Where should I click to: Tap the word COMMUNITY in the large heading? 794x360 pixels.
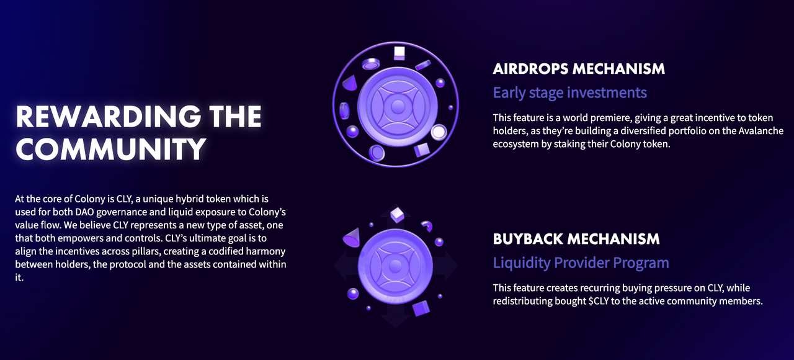pos(110,149)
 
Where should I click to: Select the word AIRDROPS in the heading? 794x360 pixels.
pos(530,69)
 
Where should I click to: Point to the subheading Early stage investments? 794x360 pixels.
pos(570,92)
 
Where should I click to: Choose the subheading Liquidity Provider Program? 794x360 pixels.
pos(581,263)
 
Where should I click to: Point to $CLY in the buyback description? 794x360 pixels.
pos(599,301)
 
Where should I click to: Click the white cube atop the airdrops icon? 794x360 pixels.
pos(399,53)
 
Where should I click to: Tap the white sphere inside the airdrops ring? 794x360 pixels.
pos(439,132)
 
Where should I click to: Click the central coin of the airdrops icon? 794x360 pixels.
pos(397,106)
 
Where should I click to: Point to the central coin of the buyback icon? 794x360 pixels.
pos(395,266)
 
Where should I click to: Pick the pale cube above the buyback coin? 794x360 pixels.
pos(397,215)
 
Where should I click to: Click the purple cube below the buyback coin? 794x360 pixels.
pos(421,308)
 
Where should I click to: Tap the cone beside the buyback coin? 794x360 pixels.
pos(352,238)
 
